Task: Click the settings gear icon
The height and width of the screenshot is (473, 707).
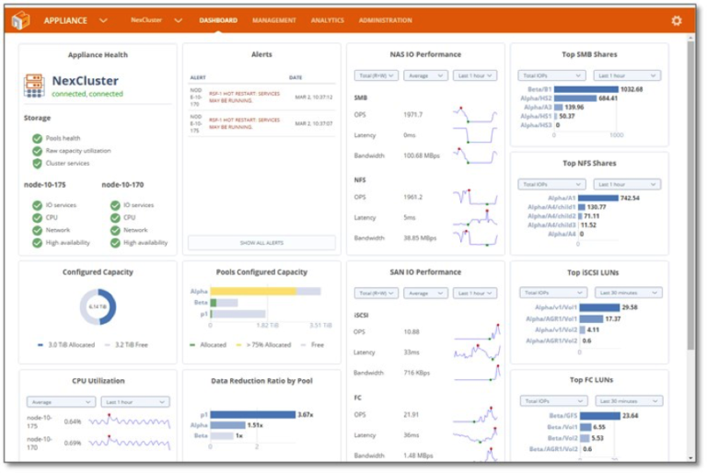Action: (x=677, y=20)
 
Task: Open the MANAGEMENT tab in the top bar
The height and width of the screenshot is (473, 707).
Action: (x=273, y=20)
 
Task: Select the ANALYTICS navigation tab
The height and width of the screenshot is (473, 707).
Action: (x=327, y=20)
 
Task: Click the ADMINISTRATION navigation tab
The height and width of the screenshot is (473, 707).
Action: (x=385, y=20)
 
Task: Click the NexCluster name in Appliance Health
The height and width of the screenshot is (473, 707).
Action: (x=85, y=81)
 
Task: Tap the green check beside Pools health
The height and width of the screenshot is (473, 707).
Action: (x=37, y=138)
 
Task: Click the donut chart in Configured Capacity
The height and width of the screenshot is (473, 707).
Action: (x=98, y=306)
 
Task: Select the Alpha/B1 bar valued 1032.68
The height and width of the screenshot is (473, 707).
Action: (x=585, y=89)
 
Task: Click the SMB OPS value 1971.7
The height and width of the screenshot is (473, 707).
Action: (x=412, y=115)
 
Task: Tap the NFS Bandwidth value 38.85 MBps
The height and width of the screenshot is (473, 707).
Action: (x=420, y=237)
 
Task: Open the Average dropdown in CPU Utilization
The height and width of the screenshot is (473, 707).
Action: (x=61, y=402)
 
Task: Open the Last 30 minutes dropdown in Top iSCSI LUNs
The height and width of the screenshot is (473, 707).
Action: (x=627, y=293)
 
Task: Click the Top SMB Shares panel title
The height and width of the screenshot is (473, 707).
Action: (x=589, y=55)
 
